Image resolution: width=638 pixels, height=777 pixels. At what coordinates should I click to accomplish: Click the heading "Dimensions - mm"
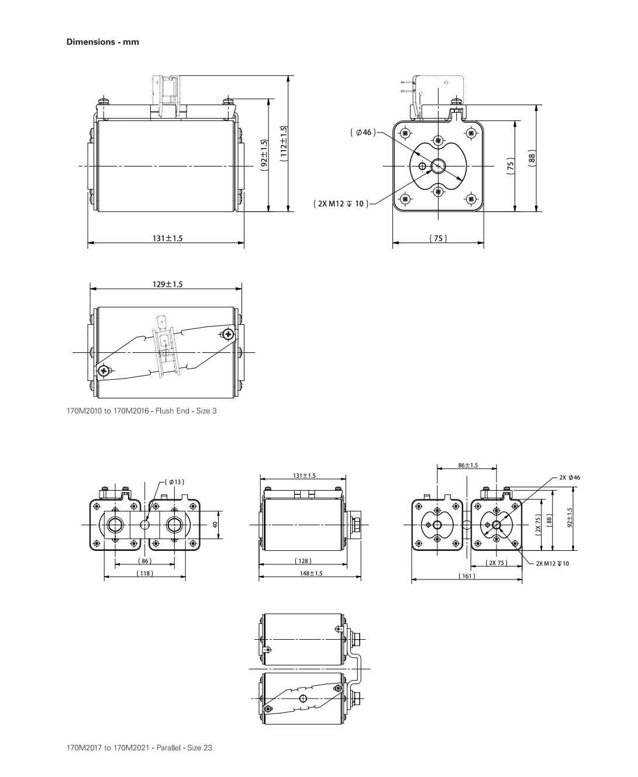102,42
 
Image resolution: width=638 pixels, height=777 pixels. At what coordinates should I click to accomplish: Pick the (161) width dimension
466,576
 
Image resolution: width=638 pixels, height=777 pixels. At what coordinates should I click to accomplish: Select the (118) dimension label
144,573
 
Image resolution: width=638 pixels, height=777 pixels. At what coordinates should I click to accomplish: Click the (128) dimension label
302,561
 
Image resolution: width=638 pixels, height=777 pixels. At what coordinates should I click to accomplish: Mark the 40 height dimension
215,525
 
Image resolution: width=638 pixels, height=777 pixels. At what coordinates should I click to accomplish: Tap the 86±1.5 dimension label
468,465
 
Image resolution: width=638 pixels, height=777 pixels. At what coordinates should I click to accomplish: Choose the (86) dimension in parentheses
144,561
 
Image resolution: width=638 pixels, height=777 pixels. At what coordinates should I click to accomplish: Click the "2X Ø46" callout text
569,477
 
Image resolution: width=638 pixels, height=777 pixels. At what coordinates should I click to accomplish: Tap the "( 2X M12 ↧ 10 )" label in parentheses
340,204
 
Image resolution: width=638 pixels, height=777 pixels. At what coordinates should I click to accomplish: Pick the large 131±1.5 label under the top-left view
167,238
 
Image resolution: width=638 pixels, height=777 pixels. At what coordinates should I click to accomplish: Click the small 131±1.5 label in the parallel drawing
304,476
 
